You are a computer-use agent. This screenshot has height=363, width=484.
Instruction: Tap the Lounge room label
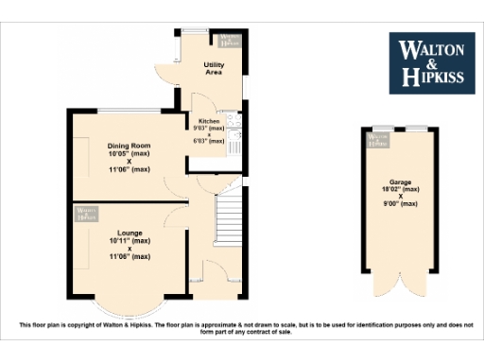130,232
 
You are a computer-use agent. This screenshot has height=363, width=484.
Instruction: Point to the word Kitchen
207,121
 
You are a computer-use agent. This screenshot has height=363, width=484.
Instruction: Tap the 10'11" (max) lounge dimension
130,240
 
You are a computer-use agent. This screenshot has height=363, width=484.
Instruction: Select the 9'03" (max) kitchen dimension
208,128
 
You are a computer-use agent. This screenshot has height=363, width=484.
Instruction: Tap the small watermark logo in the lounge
88,214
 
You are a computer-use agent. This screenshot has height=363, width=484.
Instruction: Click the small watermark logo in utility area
228,40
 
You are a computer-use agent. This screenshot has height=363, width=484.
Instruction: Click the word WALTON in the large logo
433,48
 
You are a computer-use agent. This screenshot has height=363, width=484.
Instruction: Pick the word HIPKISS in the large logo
433,79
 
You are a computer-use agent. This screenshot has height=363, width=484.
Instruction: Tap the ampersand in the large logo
433,64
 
